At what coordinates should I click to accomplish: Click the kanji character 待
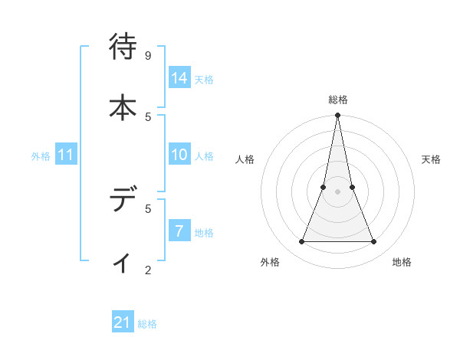point(123,48)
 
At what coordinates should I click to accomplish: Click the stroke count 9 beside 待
point(148,56)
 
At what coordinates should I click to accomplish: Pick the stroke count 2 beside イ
point(148,269)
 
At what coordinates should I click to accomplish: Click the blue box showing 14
point(179,78)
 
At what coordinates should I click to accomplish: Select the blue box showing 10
point(179,155)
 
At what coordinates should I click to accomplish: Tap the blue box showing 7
point(179,231)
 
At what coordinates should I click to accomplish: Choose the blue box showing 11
point(66,155)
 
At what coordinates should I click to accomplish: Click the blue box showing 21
point(122,323)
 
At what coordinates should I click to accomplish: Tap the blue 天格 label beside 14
point(204,80)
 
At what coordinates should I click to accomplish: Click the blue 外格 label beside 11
point(41,156)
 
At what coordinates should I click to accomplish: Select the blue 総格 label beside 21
point(147,325)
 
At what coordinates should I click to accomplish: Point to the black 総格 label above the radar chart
point(337,100)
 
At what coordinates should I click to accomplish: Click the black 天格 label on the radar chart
point(431,159)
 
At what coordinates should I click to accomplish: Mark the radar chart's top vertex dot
point(337,116)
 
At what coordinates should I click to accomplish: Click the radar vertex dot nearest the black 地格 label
point(373,241)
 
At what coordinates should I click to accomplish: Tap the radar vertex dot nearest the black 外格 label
point(301,241)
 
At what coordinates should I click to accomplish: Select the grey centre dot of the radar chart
point(337,191)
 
